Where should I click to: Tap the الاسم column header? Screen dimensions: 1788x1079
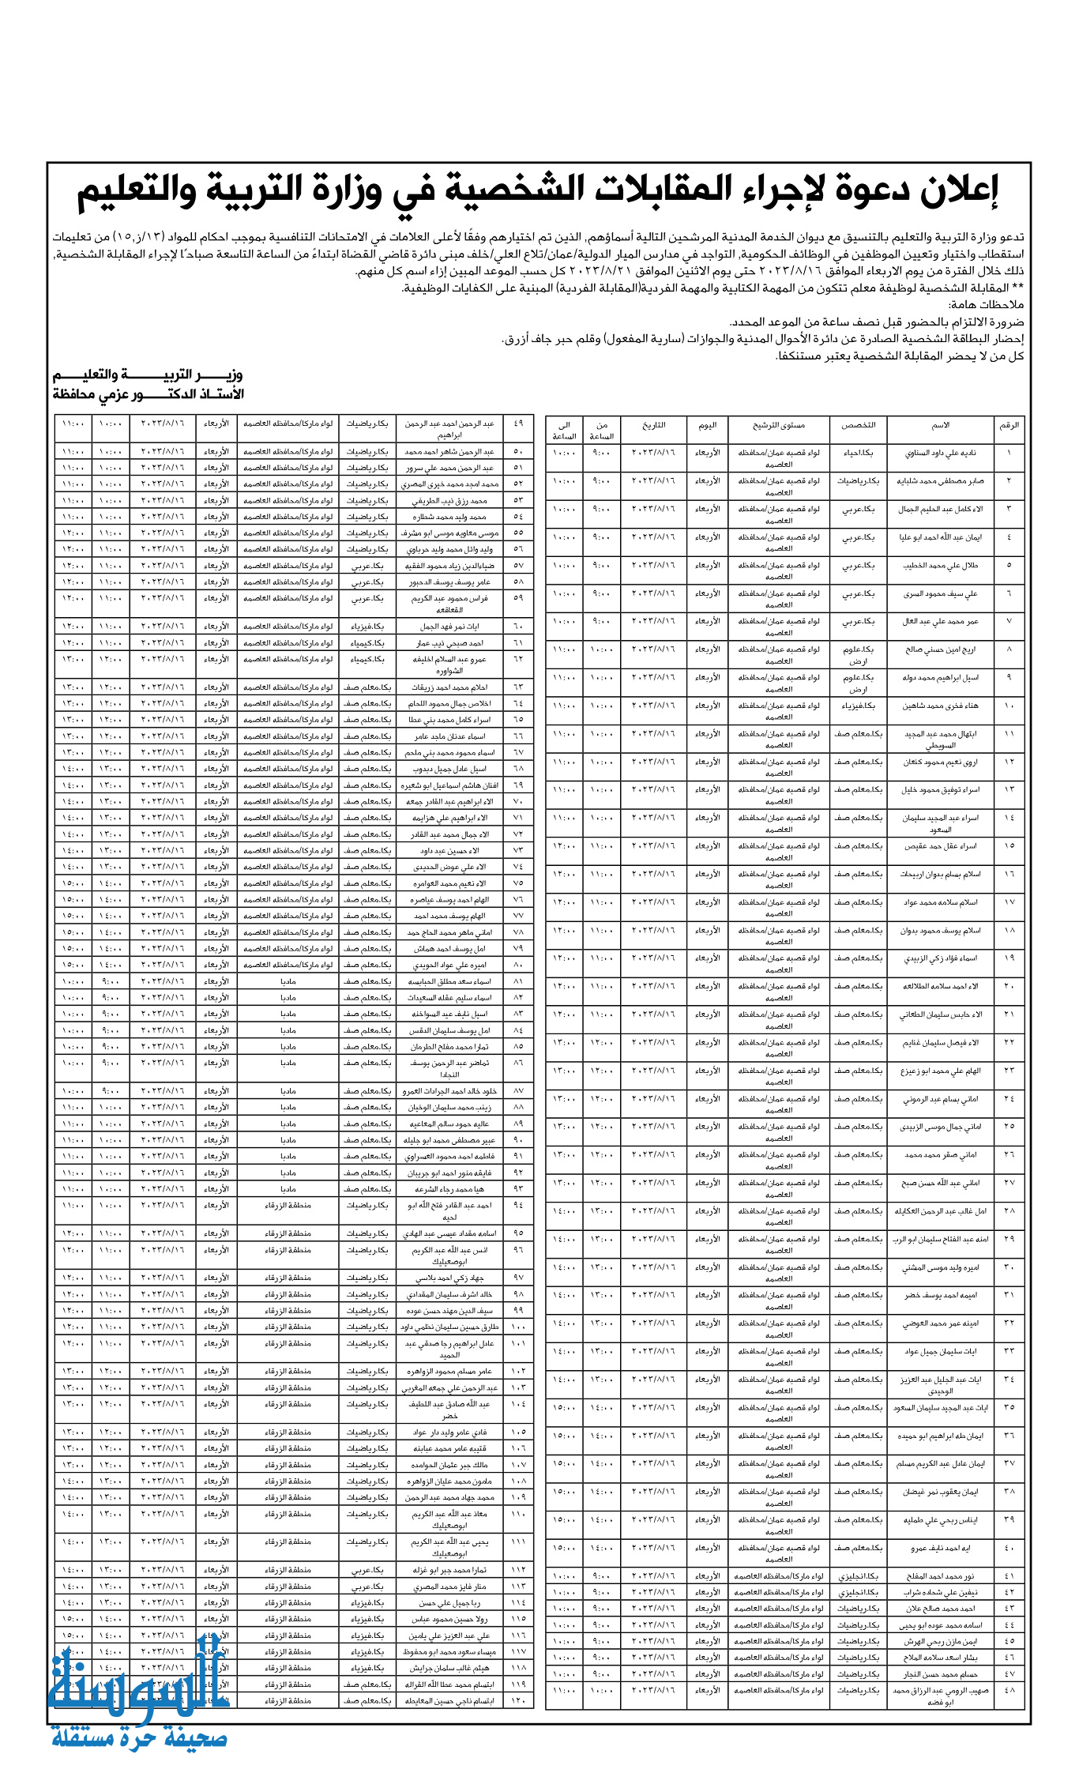(x=940, y=425)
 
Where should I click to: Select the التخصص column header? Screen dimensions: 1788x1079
(x=858, y=425)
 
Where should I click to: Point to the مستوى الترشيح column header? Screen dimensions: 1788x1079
(x=778, y=425)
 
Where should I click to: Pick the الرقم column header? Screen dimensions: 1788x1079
(x=1009, y=425)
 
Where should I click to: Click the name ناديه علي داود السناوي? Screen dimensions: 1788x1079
(x=940, y=453)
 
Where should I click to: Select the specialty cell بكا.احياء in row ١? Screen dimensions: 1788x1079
(x=858, y=453)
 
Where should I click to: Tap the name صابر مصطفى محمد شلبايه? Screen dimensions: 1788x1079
(x=940, y=480)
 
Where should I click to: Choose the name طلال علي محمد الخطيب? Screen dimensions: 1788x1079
(x=940, y=565)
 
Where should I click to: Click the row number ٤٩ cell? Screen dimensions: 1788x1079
(x=518, y=423)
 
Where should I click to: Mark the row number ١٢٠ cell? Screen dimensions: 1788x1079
(x=518, y=1700)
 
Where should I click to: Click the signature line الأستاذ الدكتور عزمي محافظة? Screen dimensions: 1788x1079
(x=149, y=393)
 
